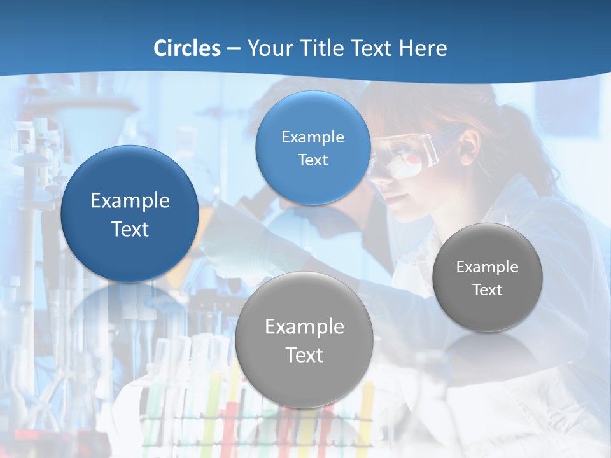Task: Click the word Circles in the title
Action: [187, 48]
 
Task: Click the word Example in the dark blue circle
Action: [130, 201]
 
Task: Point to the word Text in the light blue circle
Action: [313, 160]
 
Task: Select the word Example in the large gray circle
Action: [304, 327]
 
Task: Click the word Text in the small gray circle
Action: [487, 290]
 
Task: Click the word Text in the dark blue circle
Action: [130, 229]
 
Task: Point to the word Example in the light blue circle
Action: [313, 137]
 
